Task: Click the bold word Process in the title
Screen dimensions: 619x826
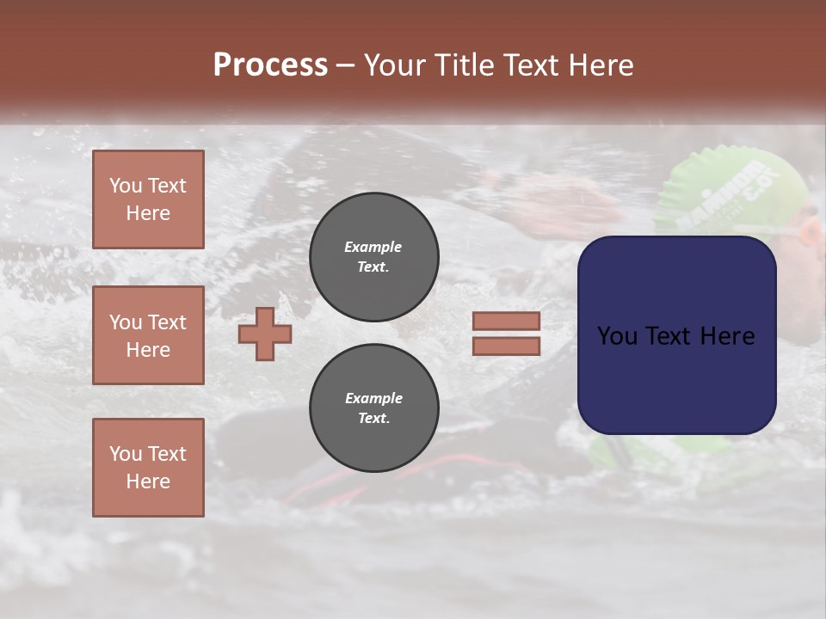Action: [270, 65]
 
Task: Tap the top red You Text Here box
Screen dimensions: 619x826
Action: [148, 199]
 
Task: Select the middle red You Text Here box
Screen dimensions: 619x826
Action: [148, 335]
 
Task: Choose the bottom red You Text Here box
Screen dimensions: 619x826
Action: [148, 468]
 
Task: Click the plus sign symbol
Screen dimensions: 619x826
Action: [265, 334]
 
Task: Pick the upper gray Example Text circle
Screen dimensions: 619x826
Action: [373, 257]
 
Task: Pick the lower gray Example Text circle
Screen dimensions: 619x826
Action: [373, 408]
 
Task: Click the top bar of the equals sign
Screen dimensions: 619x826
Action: [506, 322]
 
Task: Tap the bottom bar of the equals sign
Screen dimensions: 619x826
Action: [506, 346]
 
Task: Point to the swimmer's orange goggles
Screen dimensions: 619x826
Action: [809, 232]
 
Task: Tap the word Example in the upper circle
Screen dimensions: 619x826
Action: [373, 247]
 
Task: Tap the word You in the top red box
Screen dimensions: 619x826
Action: [126, 186]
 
